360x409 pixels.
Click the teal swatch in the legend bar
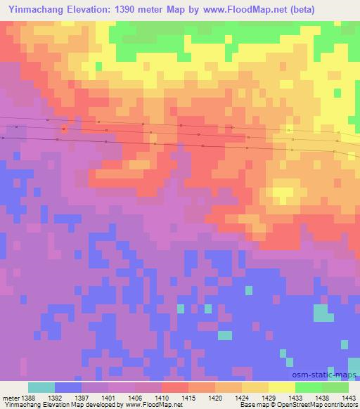[x=41, y=387]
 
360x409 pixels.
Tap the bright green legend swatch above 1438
[x=308, y=387]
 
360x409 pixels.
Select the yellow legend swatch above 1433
[x=281, y=387]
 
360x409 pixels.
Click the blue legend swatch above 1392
[x=68, y=387]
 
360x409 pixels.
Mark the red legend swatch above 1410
[x=174, y=387]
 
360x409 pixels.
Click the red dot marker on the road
[x=64, y=129]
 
